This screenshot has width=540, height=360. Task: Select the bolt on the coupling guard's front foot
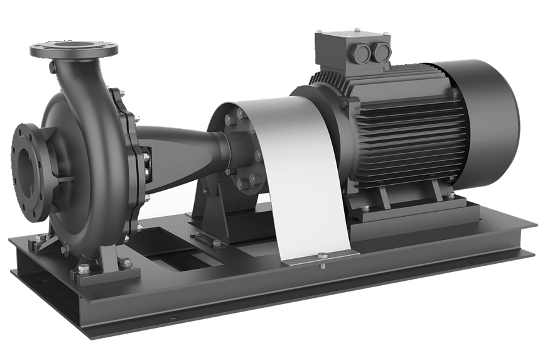pos(322,255)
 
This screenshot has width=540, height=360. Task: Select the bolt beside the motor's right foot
pos(450,197)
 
